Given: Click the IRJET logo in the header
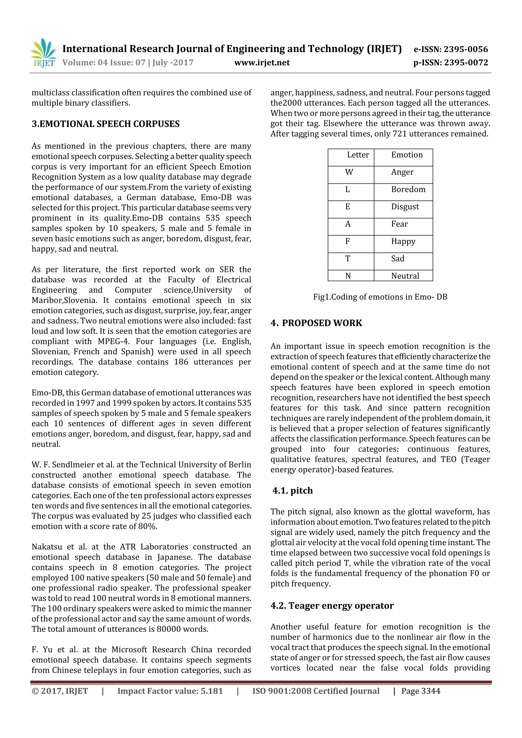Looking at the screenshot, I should pyautogui.click(x=44, y=53).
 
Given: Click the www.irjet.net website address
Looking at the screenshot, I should pyautogui.click(x=262, y=63).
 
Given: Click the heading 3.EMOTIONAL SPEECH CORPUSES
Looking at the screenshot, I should pyautogui.click(x=106, y=124).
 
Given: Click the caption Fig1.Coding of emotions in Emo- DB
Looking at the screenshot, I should pyautogui.click(x=380, y=297).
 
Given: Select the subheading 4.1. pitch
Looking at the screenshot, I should pyautogui.click(x=292, y=490).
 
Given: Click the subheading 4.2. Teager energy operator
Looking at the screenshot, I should pyautogui.click(x=332, y=606).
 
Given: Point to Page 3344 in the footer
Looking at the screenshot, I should pyautogui.click(x=421, y=691).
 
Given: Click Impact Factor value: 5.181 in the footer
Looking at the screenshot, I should pyautogui.click(x=170, y=691).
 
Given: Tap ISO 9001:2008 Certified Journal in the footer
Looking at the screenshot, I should pyautogui.click(x=316, y=691).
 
